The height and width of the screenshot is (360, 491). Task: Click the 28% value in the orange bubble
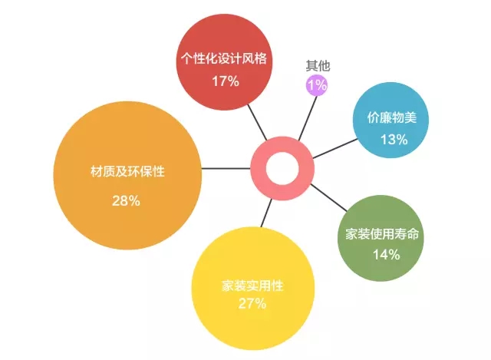(126, 201)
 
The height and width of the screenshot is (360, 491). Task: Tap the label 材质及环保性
(127, 171)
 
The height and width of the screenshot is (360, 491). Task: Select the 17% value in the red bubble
(226, 81)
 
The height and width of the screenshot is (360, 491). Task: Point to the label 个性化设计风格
(224, 58)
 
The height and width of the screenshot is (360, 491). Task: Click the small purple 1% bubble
(317, 85)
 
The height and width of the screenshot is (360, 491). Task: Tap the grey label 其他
(318, 65)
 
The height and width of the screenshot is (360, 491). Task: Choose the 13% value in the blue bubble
(394, 140)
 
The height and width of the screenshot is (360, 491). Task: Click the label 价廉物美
(392, 117)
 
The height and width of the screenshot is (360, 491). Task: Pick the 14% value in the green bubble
(387, 255)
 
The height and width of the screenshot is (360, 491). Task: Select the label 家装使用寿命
(382, 234)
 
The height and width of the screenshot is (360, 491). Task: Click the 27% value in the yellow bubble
(252, 304)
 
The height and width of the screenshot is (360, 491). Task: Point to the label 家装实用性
(252, 286)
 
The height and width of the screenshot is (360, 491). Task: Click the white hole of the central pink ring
(282, 168)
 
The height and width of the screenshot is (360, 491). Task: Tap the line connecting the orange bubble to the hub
(226, 169)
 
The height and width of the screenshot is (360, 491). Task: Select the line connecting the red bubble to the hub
(257, 122)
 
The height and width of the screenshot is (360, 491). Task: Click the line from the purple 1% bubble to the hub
(308, 118)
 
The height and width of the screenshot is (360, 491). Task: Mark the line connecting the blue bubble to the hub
(335, 148)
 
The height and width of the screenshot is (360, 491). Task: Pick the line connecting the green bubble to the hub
(329, 197)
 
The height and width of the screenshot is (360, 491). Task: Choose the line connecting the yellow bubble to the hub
(266, 213)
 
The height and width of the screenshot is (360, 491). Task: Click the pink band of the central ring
(259, 169)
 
